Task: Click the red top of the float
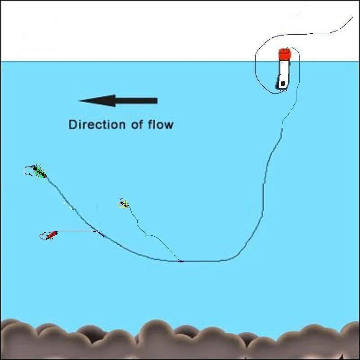[284, 54]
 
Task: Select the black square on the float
[282, 83]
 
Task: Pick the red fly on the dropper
[52, 234]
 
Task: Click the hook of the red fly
[43, 235]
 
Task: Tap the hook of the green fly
[28, 171]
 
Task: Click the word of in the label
[137, 124]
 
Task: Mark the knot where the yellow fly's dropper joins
[181, 261]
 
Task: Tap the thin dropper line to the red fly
[76, 231]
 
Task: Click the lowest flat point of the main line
[202, 261]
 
